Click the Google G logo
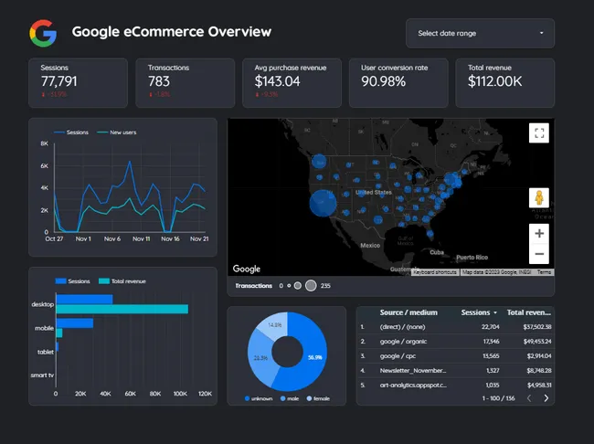42,33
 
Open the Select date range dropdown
480,34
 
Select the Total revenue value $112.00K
495,82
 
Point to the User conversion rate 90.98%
387,82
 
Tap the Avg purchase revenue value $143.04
278,82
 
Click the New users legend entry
122,132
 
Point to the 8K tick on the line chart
44,144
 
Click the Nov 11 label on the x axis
141,239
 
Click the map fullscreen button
539,133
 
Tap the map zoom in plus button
539,233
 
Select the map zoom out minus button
539,255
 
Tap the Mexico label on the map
370,246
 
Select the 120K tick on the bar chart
205,394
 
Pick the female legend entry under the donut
319,398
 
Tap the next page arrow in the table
546,398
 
